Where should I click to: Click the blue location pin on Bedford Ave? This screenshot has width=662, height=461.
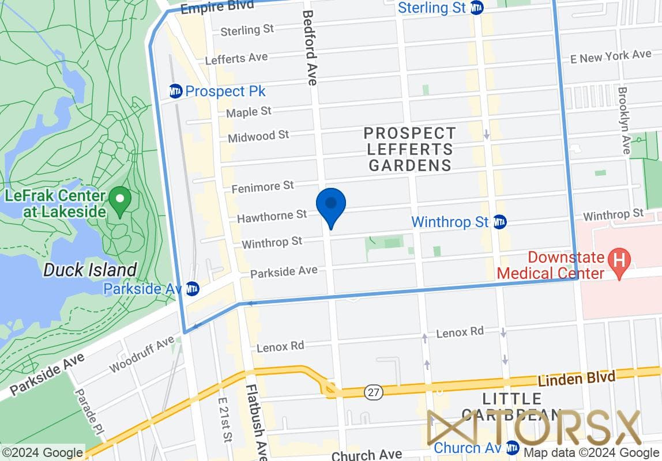(331, 205)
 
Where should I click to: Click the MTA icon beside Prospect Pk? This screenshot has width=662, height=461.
(176, 91)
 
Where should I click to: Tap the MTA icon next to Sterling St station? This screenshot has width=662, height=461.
(476, 7)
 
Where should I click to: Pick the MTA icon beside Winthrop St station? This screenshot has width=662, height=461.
(499, 221)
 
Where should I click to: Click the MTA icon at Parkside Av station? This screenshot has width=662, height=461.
(193, 289)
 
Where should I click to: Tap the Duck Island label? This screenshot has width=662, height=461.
(91, 270)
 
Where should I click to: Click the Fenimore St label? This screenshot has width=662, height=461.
(263, 187)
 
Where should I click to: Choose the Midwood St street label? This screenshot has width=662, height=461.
(258, 137)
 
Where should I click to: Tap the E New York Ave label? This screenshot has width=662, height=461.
(610, 56)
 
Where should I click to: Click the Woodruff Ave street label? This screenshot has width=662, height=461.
(141, 354)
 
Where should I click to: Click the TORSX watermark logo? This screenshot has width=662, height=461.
(533, 428)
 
